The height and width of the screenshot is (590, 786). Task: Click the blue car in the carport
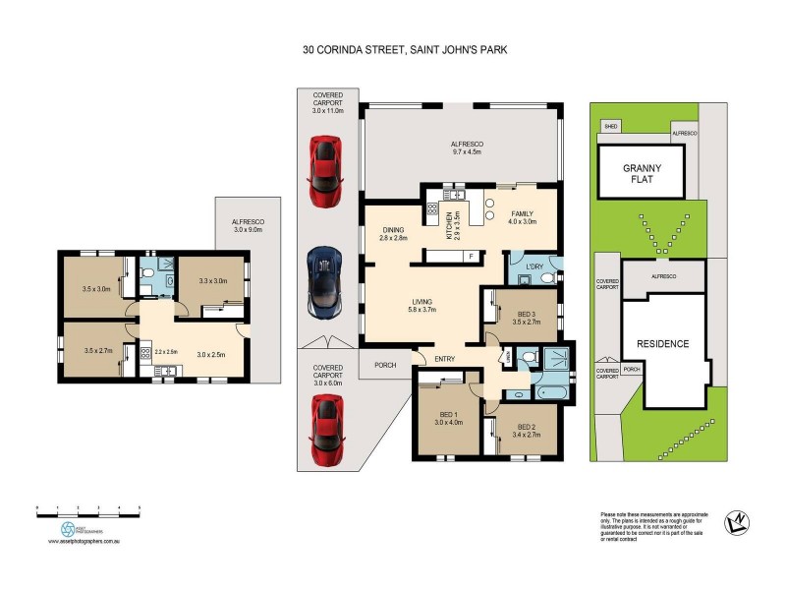tap(324, 281)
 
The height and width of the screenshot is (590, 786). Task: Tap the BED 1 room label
tap(448, 418)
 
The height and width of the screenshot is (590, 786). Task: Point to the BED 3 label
tap(527, 316)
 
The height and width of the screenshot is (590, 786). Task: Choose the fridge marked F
tap(470, 257)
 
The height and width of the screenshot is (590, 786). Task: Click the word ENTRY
tap(444, 358)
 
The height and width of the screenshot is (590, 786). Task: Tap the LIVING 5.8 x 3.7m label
tap(423, 308)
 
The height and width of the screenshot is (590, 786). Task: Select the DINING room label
tap(393, 234)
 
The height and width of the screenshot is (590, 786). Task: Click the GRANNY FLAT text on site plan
tap(643, 173)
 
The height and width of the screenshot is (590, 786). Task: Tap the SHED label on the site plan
tap(610, 127)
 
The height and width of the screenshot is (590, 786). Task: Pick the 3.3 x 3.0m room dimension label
tap(212, 281)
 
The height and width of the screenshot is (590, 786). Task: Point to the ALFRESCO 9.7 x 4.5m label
tap(461, 148)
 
